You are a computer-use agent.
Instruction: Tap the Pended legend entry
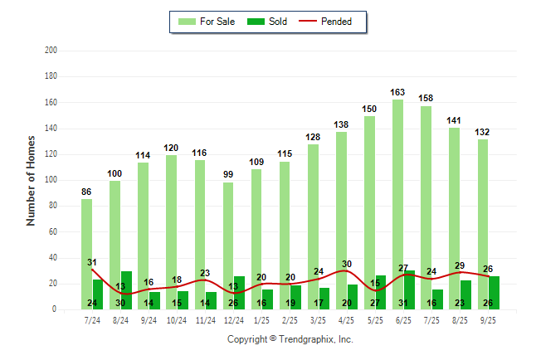point(329,22)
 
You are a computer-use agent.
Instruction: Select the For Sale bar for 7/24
point(86,249)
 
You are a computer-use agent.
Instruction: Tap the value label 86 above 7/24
point(86,192)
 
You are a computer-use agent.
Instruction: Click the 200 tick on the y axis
point(51,51)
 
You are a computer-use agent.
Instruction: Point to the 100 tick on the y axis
point(51,180)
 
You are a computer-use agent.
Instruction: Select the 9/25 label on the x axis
point(488,319)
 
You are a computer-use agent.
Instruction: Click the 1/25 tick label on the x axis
point(261,319)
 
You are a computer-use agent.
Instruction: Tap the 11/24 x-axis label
point(205,319)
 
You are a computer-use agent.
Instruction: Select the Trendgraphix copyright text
point(290,339)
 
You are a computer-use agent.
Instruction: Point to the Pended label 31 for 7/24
point(92,263)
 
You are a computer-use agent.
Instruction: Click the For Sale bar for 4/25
point(341,216)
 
